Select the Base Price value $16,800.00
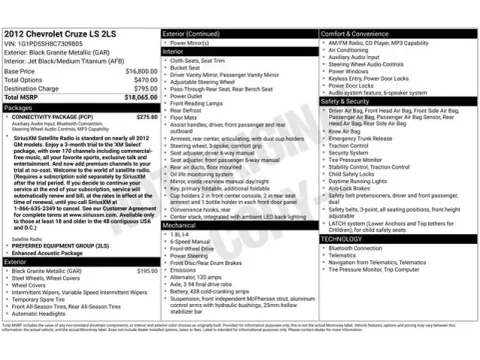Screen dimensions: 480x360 coord(140,72)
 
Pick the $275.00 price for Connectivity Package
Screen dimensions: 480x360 coord(147,116)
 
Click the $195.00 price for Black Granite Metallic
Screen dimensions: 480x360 coord(147,271)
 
